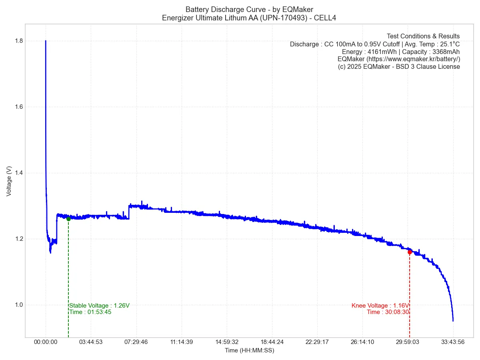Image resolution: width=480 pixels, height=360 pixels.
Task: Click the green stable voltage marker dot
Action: tap(68, 219)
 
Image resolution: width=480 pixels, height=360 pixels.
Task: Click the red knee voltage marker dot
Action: tap(410, 252)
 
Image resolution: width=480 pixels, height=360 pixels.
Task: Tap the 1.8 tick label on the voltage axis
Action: tap(18, 41)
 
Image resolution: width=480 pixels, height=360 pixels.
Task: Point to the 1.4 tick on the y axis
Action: tap(18, 173)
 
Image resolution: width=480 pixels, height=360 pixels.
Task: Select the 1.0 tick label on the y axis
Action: tap(18, 305)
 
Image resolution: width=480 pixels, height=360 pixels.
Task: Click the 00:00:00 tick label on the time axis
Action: tap(46, 342)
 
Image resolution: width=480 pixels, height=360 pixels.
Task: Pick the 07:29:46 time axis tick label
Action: tap(136, 342)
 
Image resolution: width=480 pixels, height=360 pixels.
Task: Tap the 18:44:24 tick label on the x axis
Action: tap(272, 342)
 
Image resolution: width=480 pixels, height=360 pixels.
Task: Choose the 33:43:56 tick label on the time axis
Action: tap(453, 342)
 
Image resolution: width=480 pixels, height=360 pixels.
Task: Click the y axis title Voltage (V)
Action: tap(9, 181)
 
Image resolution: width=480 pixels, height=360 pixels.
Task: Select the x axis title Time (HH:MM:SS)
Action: tap(249, 350)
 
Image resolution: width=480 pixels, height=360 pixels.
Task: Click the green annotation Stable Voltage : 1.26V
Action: tap(100, 306)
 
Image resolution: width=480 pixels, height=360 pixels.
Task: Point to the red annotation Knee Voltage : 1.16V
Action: tap(380, 306)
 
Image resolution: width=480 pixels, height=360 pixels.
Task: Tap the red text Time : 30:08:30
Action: tap(388, 312)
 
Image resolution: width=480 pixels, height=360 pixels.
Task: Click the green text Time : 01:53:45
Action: tap(90, 312)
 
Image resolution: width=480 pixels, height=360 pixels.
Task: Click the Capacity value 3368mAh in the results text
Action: tap(446, 52)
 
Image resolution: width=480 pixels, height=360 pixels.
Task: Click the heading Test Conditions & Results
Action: tap(423, 36)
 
